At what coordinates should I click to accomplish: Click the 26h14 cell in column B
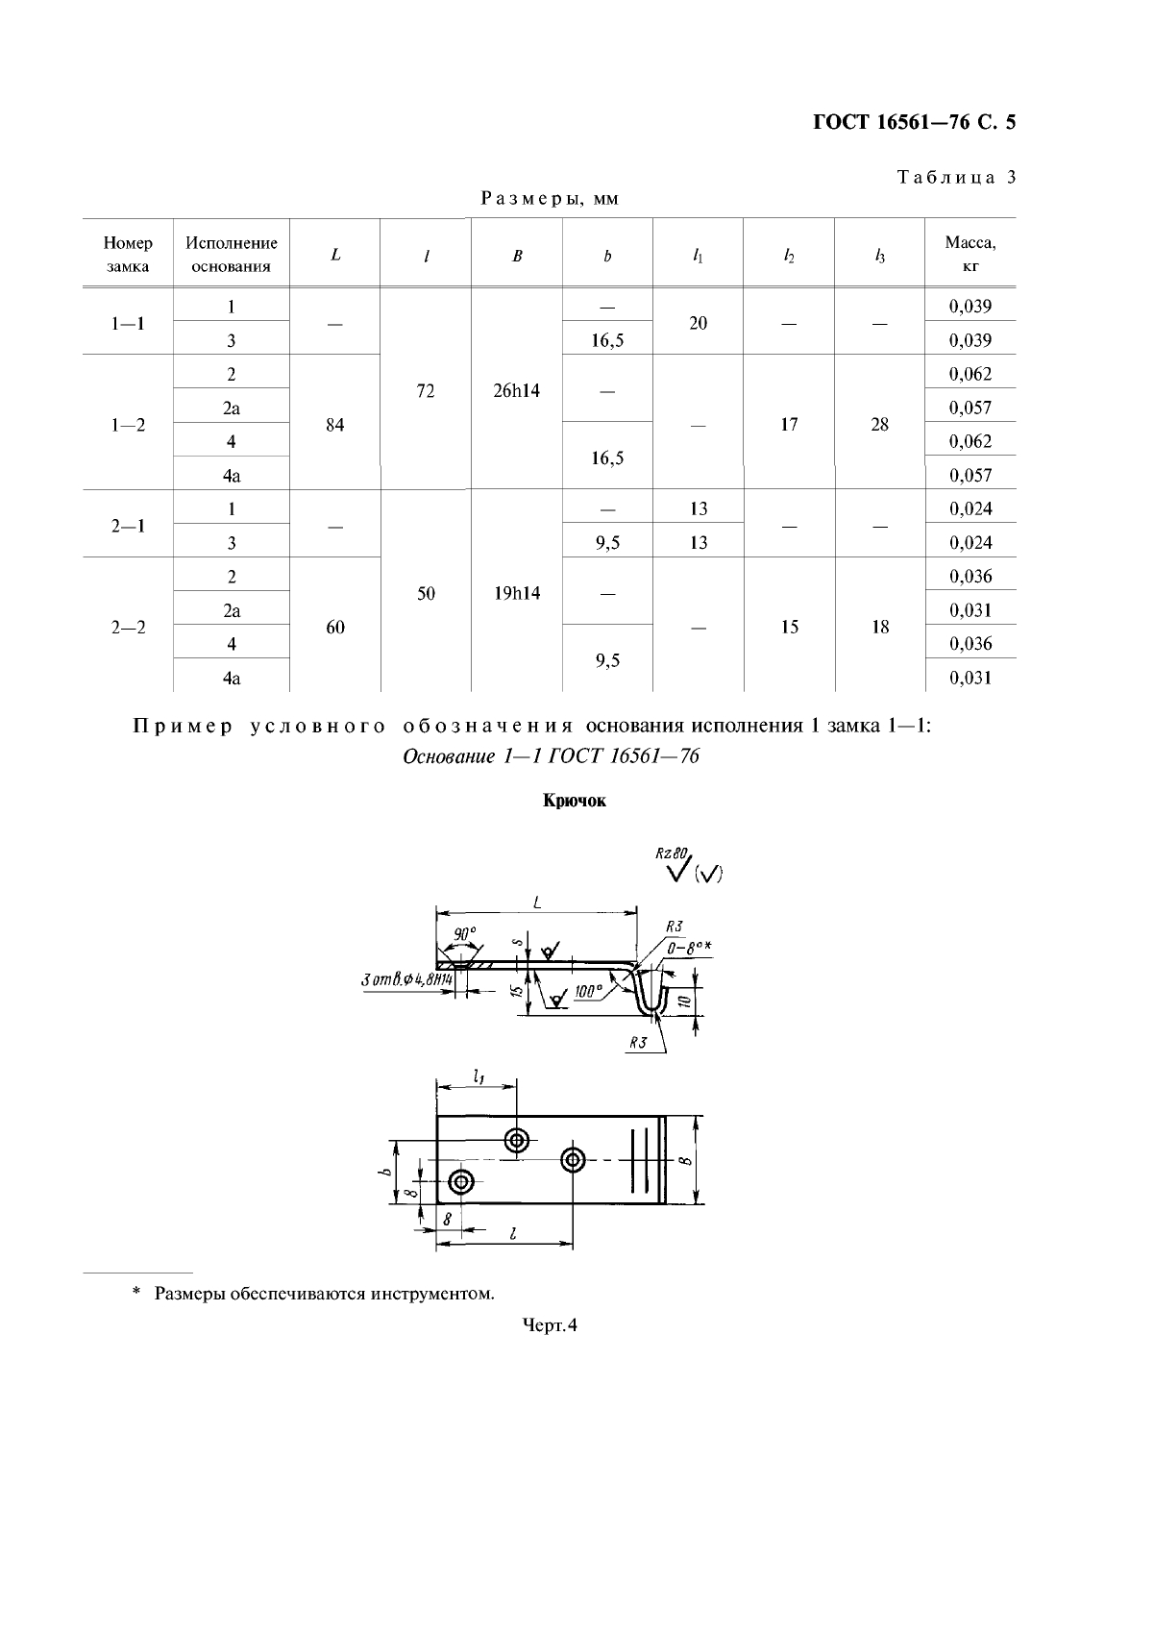516,391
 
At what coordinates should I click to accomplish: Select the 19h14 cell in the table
516,594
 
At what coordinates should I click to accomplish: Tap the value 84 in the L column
334,425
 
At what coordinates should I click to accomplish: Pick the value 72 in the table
426,391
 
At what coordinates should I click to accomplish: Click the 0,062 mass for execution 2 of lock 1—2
970,374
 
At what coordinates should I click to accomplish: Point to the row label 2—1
127,526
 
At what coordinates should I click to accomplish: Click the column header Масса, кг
970,255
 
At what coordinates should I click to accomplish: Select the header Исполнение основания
231,255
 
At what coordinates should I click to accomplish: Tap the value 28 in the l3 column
879,425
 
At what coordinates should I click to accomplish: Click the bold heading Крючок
575,801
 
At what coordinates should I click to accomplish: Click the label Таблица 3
956,177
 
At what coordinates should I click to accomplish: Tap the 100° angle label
588,991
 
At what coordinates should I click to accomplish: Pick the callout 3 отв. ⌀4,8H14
405,979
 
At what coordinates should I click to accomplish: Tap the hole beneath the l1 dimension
519,1141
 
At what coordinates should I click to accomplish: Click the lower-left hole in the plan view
461,1181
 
